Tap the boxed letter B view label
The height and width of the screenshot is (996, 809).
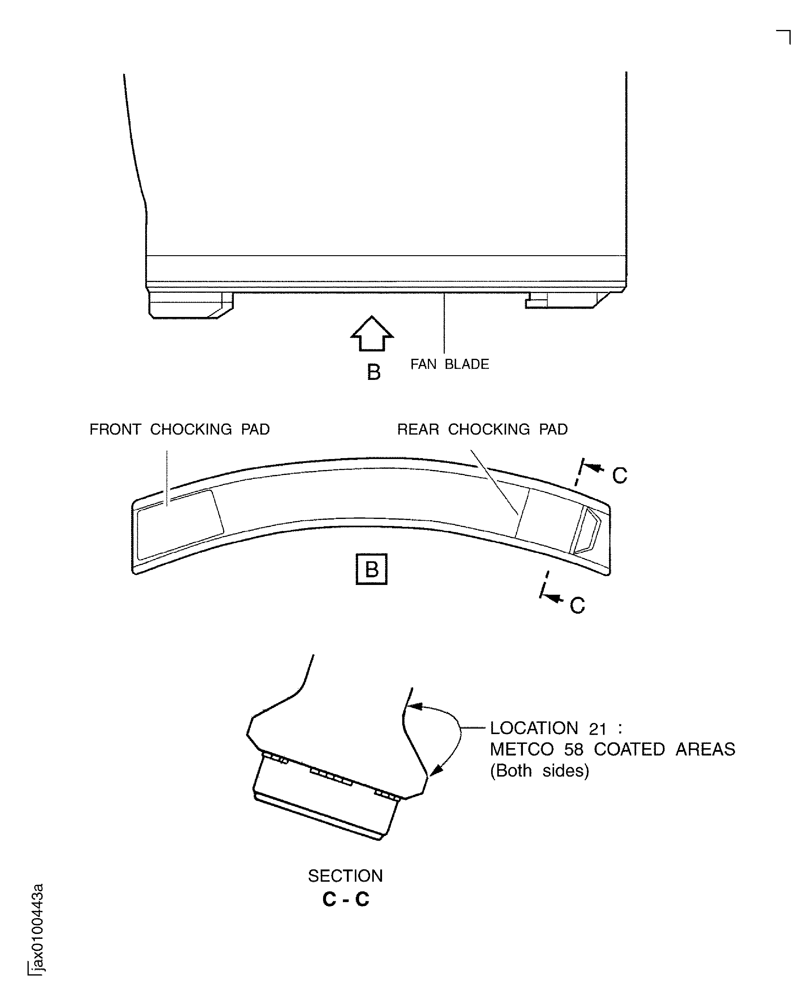(x=371, y=569)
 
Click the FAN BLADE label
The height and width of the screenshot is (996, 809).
(x=449, y=365)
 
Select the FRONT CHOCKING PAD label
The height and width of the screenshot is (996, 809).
(x=179, y=429)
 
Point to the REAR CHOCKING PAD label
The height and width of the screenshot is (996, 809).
(x=482, y=429)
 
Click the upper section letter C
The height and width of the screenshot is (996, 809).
(x=619, y=476)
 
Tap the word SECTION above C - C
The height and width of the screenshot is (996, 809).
(x=345, y=876)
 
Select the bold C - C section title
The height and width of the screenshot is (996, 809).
(x=345, y=899)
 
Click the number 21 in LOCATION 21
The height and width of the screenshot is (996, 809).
(x=598, y=729)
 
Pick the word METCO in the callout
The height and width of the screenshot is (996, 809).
(x=521, y=749)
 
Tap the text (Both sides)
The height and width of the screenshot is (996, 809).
(x=539, y=770)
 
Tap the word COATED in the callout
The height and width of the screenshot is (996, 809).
(x=629, y=749)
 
